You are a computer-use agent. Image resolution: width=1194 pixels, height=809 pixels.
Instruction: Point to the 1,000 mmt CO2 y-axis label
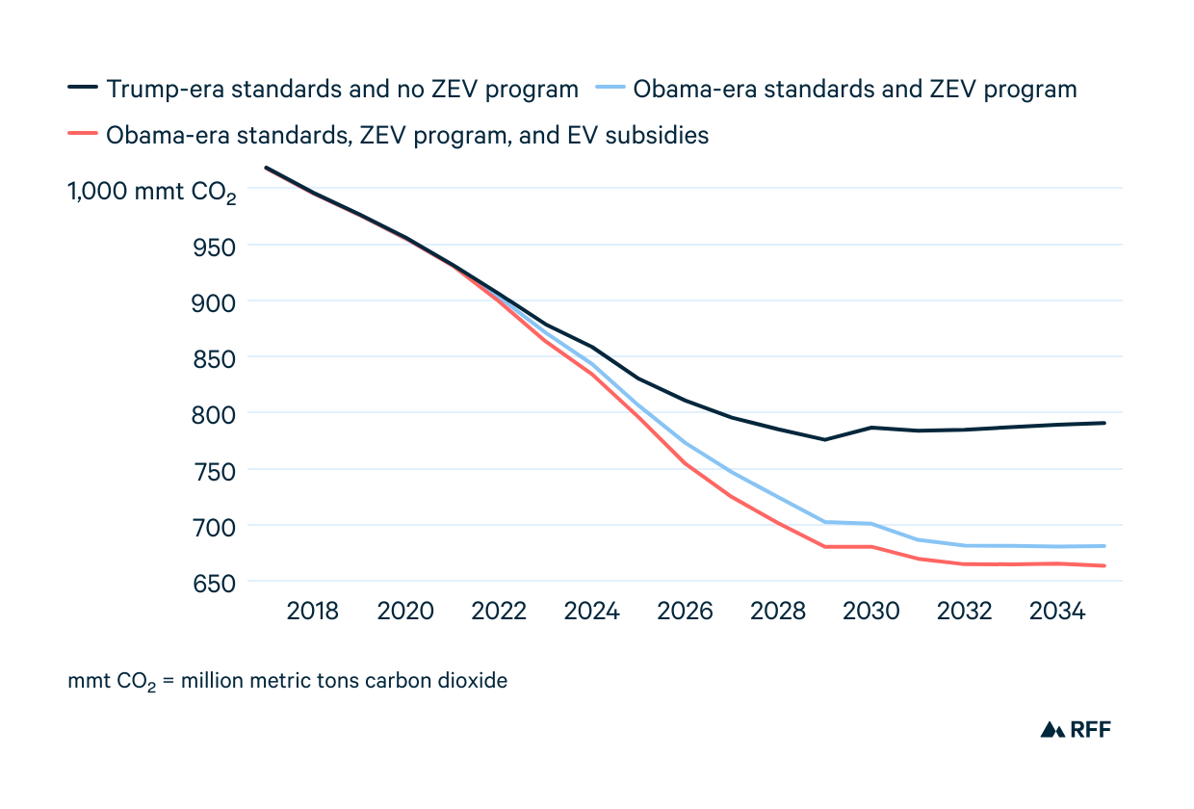(151, 191)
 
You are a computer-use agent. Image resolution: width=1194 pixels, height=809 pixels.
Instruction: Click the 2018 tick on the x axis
(313, 612)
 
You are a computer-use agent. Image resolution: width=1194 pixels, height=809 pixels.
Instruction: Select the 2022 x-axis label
(499, 612)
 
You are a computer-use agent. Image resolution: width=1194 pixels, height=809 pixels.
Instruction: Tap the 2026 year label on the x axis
(685, 612)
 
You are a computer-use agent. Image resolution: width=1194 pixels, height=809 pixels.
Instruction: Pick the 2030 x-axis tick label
(871, 612)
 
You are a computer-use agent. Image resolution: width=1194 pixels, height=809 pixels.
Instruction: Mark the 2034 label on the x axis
(1057, 612)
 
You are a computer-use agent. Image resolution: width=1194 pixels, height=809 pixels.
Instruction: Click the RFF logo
(1076, 729)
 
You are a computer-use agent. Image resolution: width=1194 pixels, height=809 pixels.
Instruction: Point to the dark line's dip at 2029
(824, 439)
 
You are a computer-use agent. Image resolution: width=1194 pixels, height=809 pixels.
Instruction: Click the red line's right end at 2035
(1104, 565)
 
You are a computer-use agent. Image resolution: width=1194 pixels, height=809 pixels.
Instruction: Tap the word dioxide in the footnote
(472, 681)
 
